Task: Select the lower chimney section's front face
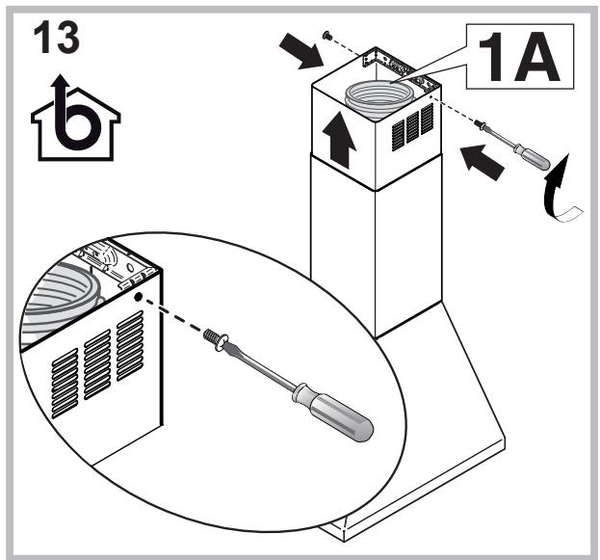click(x=342, y=251)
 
